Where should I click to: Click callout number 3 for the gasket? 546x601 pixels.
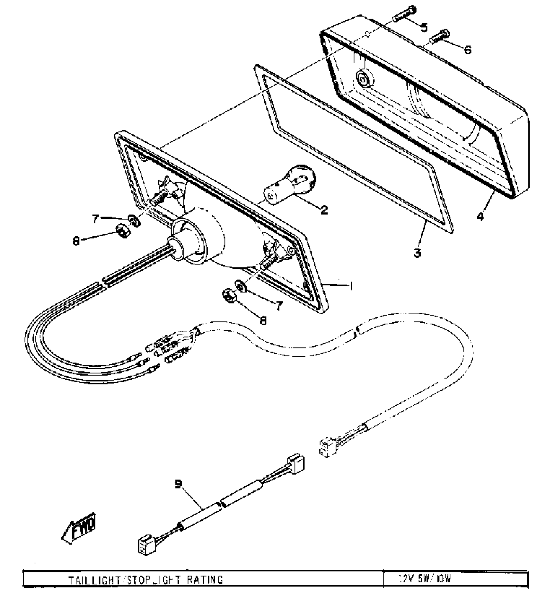tap(417, 253)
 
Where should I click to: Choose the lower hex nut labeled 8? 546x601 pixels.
tap(229, 295)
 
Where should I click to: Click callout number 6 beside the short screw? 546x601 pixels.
tap(467, 49)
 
